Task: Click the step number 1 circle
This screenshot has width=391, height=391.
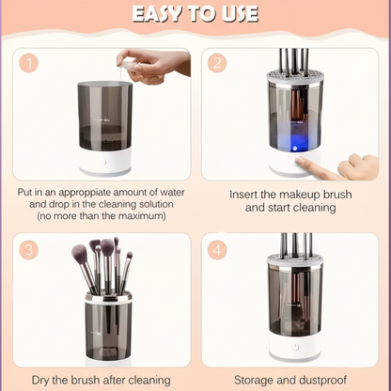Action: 29,63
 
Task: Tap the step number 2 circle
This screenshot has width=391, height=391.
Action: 217,63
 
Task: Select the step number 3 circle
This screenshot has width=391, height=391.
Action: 29,250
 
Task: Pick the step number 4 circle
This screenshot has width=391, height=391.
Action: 217,250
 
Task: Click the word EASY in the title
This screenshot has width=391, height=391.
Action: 157,14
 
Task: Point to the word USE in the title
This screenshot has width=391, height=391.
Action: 241,14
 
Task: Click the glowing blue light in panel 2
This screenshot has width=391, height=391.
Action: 294,143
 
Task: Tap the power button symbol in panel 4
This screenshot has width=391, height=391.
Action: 295,347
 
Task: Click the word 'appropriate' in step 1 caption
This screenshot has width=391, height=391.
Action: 86,193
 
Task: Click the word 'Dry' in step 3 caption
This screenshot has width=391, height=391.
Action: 40,380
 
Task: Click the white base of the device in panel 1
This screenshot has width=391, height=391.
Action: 105,163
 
